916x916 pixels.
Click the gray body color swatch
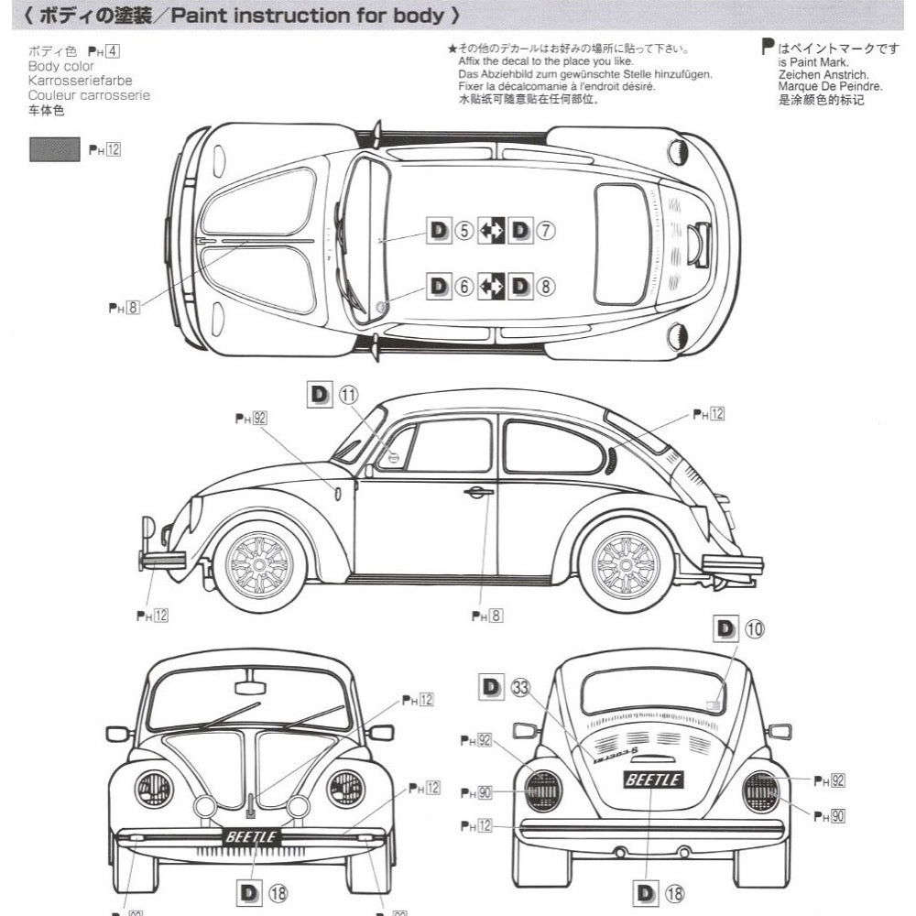[x=54, y=148]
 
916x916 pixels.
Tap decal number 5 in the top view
[x=463, y=231]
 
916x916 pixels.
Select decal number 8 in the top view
[x=546, y=287]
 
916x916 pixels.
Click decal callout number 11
[x=349, y=395]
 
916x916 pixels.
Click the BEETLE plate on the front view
[x=250, y=836]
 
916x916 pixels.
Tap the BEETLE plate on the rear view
[x=652, y=780]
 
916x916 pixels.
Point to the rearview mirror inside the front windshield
[x=249, y=687]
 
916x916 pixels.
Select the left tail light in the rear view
[x=542, y=791]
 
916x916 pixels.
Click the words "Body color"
[x=60, y=67]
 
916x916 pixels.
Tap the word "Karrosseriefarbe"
[x=80, y=81]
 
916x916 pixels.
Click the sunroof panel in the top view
[x=621, y=244]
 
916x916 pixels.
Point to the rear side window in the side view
[x=553, y=447]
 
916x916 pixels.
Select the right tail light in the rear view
[x=760, y=791]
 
